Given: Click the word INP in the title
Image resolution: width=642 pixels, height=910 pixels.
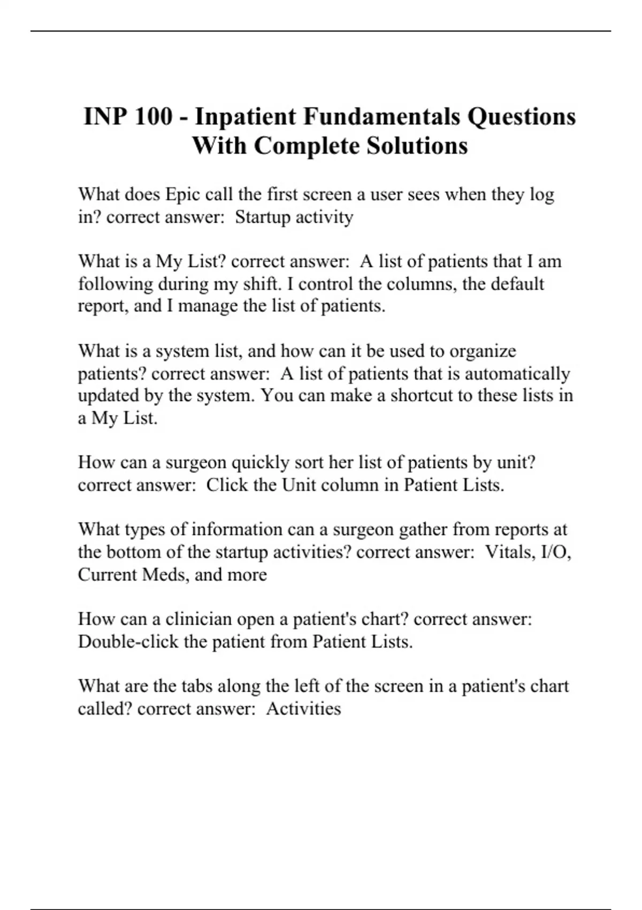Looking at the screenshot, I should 104,117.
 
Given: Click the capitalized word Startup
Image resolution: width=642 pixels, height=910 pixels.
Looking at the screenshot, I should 262,217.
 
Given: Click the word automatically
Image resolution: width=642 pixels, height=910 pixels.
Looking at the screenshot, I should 517,374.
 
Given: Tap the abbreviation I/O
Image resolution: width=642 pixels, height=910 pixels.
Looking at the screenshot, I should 557,552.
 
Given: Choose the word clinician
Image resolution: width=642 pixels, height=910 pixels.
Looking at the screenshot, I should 197,619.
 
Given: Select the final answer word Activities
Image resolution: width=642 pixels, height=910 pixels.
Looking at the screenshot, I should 303,709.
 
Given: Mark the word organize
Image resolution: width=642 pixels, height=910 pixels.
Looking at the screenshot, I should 483,351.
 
